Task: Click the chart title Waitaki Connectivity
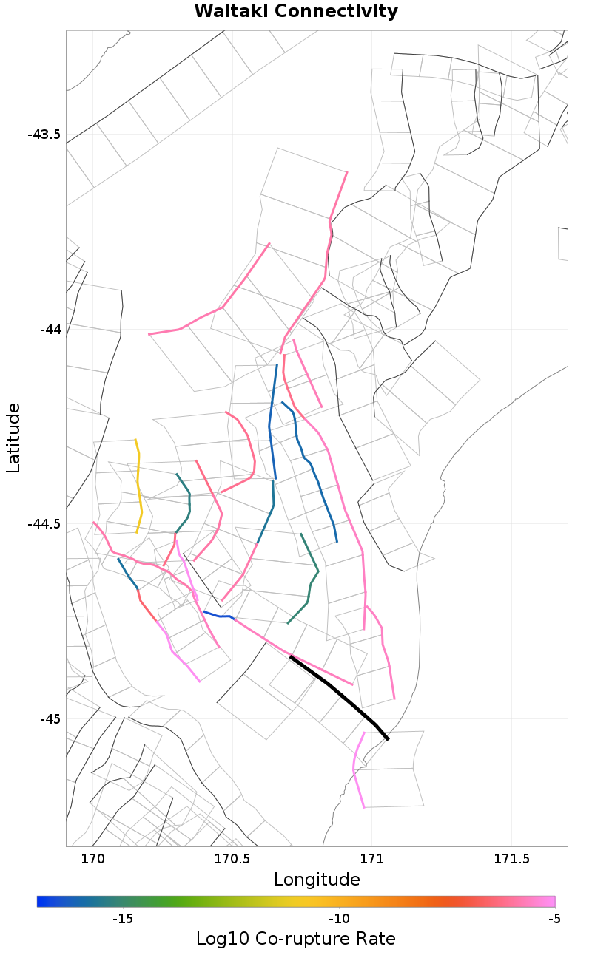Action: coord(296,12)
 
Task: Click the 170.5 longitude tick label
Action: coord(231,859)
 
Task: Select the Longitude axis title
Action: coord(317,880)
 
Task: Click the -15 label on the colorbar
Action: coord(122,919)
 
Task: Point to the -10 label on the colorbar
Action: coord(339,919)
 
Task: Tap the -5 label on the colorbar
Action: coord(554,919)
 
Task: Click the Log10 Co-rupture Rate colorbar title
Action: coord(296,939)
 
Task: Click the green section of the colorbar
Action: coord(222,901)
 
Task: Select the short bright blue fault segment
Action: coord(218,615)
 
